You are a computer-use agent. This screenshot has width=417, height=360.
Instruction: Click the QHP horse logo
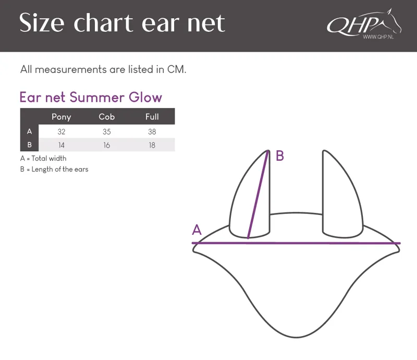point(364,23)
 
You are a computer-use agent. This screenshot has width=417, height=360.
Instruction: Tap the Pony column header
point(62,117)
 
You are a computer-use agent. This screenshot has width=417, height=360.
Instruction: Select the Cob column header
point(107,117)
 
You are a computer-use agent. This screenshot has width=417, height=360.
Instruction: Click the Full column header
point(152,117)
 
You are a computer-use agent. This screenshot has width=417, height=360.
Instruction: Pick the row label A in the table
point(30,131)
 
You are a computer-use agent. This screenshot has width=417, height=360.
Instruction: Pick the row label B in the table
point(30,145)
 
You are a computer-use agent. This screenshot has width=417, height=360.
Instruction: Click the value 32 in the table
point(62,131)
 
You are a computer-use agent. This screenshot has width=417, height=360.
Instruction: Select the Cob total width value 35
point(107,131)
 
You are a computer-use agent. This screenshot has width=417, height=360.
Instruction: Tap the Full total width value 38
point(152,131)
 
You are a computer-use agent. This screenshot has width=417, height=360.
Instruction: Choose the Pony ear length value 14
point(62,145)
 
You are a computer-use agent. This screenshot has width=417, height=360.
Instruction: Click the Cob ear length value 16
point(107,145)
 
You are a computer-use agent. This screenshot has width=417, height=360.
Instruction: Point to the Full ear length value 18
point(152,145)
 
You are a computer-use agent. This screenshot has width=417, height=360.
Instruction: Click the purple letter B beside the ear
point(280,156)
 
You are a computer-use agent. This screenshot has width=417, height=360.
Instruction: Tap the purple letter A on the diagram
point(197,230)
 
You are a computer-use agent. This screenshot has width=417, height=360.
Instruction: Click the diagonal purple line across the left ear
point(257,195)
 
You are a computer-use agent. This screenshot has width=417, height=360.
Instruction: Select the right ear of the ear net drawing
point(342,194)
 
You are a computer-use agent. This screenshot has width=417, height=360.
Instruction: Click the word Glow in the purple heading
point(145,97)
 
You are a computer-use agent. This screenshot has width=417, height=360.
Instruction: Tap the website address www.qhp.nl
point(378,37)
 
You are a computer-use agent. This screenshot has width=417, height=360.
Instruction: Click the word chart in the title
point(103,23)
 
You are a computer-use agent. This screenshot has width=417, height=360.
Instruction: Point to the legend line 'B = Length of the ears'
point(54,170)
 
